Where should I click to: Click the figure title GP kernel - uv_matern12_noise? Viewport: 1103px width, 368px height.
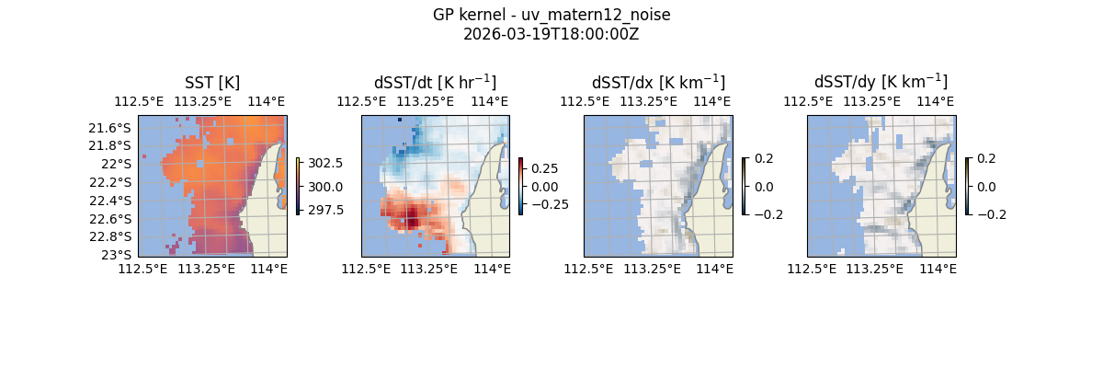551,16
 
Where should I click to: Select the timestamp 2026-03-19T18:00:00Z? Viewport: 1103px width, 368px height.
551,34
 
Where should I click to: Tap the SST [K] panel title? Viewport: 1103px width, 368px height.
212,82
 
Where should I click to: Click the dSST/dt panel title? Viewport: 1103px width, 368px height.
435,82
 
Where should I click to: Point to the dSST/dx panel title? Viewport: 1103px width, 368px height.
658,82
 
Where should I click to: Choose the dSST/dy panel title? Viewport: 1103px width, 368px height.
881,82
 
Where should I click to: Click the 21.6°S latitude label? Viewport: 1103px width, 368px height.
114,128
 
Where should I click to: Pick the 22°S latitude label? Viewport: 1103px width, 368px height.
119,164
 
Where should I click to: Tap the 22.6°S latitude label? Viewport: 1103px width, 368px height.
114,219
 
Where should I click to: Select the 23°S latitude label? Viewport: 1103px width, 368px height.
119,255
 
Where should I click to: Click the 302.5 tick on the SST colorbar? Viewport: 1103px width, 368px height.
324,163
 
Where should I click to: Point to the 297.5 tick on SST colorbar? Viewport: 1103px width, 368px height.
324,210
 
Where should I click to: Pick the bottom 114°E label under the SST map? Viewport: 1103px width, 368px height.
267,269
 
